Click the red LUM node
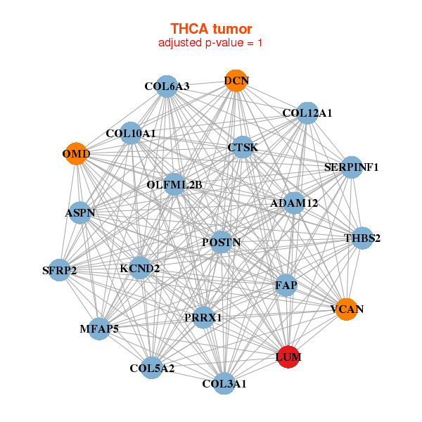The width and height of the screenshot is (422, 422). click(288, 357)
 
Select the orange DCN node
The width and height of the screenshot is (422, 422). click(236, 81)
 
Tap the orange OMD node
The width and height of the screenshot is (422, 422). click(76, 153)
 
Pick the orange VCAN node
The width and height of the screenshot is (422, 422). click(346, 309)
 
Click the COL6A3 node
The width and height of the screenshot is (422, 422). click(167, 87)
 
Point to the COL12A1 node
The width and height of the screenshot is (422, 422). click(307, 113)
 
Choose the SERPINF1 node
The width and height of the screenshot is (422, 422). click(351, 167)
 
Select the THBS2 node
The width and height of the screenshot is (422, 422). click(362, 238)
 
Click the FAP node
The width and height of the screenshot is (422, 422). click(286, 286)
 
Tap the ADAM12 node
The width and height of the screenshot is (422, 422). click(294, 203)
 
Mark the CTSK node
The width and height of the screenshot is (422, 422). click(243, 148)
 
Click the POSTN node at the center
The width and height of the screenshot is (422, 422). click(221, 242)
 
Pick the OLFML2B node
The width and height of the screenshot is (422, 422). click(174, 184)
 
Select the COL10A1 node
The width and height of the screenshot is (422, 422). click(131, 133)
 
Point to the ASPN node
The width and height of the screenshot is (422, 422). click(80, 212)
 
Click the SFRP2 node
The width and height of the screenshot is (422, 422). click(59, 270)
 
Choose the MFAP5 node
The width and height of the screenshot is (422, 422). click(98, 328)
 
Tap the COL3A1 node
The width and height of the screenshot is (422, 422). click(224, 383)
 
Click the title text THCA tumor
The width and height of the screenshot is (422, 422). click(211, 29)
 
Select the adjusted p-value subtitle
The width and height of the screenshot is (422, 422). click(211, 43)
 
